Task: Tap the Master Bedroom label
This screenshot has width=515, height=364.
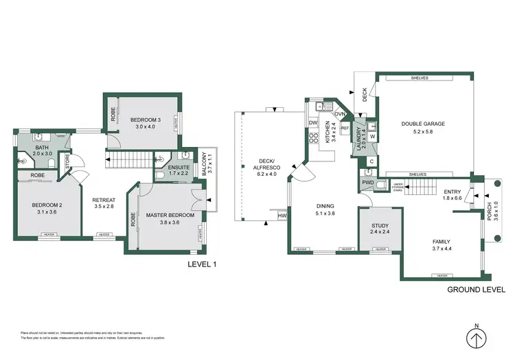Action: (x=170, y=216)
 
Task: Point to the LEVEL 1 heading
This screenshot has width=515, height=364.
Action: (x=203, y=264)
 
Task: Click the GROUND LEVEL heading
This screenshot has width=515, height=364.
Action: (x=475, y=290)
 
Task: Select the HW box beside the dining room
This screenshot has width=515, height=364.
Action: (x=282, y=216)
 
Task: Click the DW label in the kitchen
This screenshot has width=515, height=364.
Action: (x=312, y=123)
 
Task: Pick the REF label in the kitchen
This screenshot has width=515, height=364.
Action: (x=345, y=128)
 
